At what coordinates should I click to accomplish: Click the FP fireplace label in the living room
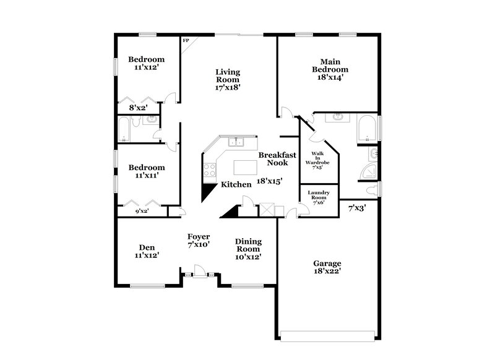(x=184, y=41)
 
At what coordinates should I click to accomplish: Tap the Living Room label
(x=228, y=80)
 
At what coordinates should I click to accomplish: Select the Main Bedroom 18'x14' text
(x=329, y=69)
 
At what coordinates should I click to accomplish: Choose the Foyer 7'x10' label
(x=199, y=241)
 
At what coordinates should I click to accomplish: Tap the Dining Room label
(x=247, y=249)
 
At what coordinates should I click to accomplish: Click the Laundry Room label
(x=319, y=197)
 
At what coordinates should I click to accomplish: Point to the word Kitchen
(x=236, y=184)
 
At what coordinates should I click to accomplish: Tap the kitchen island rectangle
(x=247, y=167)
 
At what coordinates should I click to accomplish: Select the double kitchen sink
(x=235, y=142)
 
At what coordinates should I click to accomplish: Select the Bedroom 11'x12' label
(x=147, y=63)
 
